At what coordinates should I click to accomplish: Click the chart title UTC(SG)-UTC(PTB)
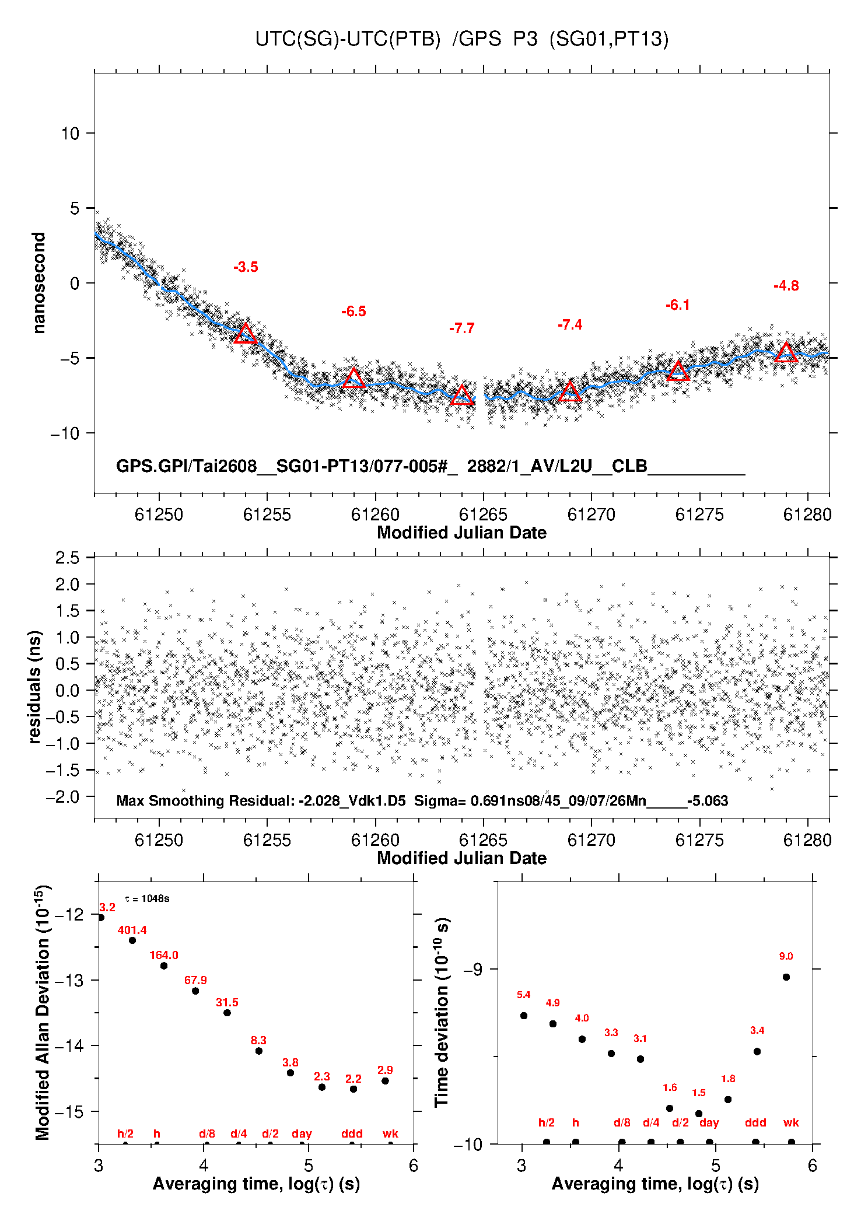coord(348,39)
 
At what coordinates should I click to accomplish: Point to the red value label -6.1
coord(678,305)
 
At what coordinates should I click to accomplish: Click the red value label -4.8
coord(786,286)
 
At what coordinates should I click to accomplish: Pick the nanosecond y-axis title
coord(38,283)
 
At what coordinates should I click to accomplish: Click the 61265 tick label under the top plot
coord(483,515)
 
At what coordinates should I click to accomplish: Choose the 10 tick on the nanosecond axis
coord(70,134)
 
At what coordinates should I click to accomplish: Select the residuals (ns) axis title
coord(34,687)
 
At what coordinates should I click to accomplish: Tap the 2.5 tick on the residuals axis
coord(68,558)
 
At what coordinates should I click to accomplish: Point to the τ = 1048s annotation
coord(147,898)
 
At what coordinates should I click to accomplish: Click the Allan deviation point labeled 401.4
coord(132,940)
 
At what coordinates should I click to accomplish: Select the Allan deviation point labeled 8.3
coord(259,1051)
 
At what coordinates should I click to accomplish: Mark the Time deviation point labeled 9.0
coord(786,977)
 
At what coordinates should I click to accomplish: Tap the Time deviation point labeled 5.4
coord(524,1016)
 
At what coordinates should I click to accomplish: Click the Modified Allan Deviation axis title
coord(43,1012)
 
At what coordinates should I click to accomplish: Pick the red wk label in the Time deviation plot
coord(792,1122)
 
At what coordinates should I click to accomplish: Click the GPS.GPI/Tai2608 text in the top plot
coord(187,466)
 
